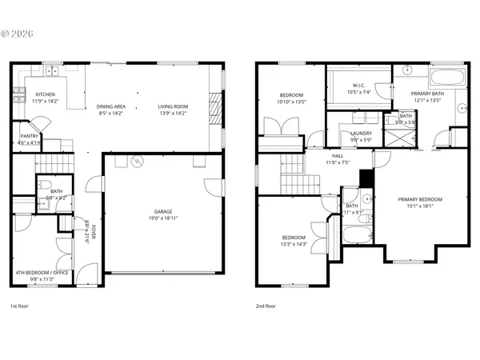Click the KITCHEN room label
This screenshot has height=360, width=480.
[x=46, y=94]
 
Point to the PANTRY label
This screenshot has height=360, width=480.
[x=28, y=136]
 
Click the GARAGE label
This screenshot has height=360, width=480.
[x=164, y=211]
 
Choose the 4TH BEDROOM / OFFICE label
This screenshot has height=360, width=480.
[x=40, y=274]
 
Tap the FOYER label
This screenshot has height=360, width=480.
[x=94, y=232]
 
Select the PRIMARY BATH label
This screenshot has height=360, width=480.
[x=427, y=94]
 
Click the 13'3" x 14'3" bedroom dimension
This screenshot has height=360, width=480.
[x=294, y=244]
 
